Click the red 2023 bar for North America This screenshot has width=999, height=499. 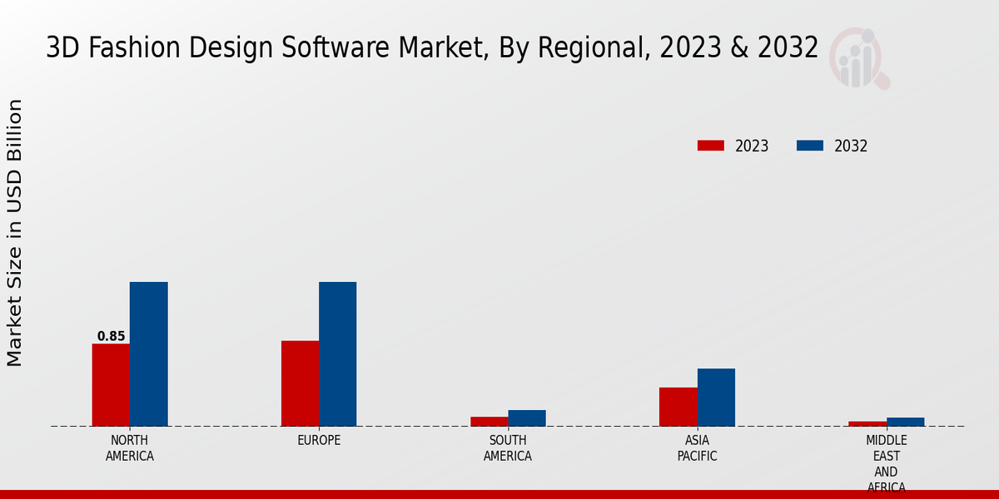(x=111, y=384)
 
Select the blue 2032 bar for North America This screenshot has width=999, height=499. (x=148, y=353)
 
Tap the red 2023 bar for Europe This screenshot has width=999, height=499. (x=300, y=383)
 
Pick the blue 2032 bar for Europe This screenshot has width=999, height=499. (x=337, y=353)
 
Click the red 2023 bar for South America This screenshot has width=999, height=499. (x=489, y=422)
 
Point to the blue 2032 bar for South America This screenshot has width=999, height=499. (x=527, y=417)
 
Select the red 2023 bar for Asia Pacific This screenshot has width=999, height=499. (x=678, y=406)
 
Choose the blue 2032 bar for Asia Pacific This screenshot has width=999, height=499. (x=716, y=397)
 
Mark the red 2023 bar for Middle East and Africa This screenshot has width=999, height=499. (x=867, y=423)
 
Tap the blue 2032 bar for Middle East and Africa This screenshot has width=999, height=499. (x=905, y=422)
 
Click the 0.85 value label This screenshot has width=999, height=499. (x=111, y=337)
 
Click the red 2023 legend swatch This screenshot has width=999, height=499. (x=710, y=146)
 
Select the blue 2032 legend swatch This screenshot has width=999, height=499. (x=809, y=146)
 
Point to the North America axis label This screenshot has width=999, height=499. (x=130, y=447)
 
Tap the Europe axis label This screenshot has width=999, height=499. (x=319, y=440)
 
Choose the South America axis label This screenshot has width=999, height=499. (x=508, y=447)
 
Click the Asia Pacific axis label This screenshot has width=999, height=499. (x=697, y=447)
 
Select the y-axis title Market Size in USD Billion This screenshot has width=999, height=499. (x=15, y=233)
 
